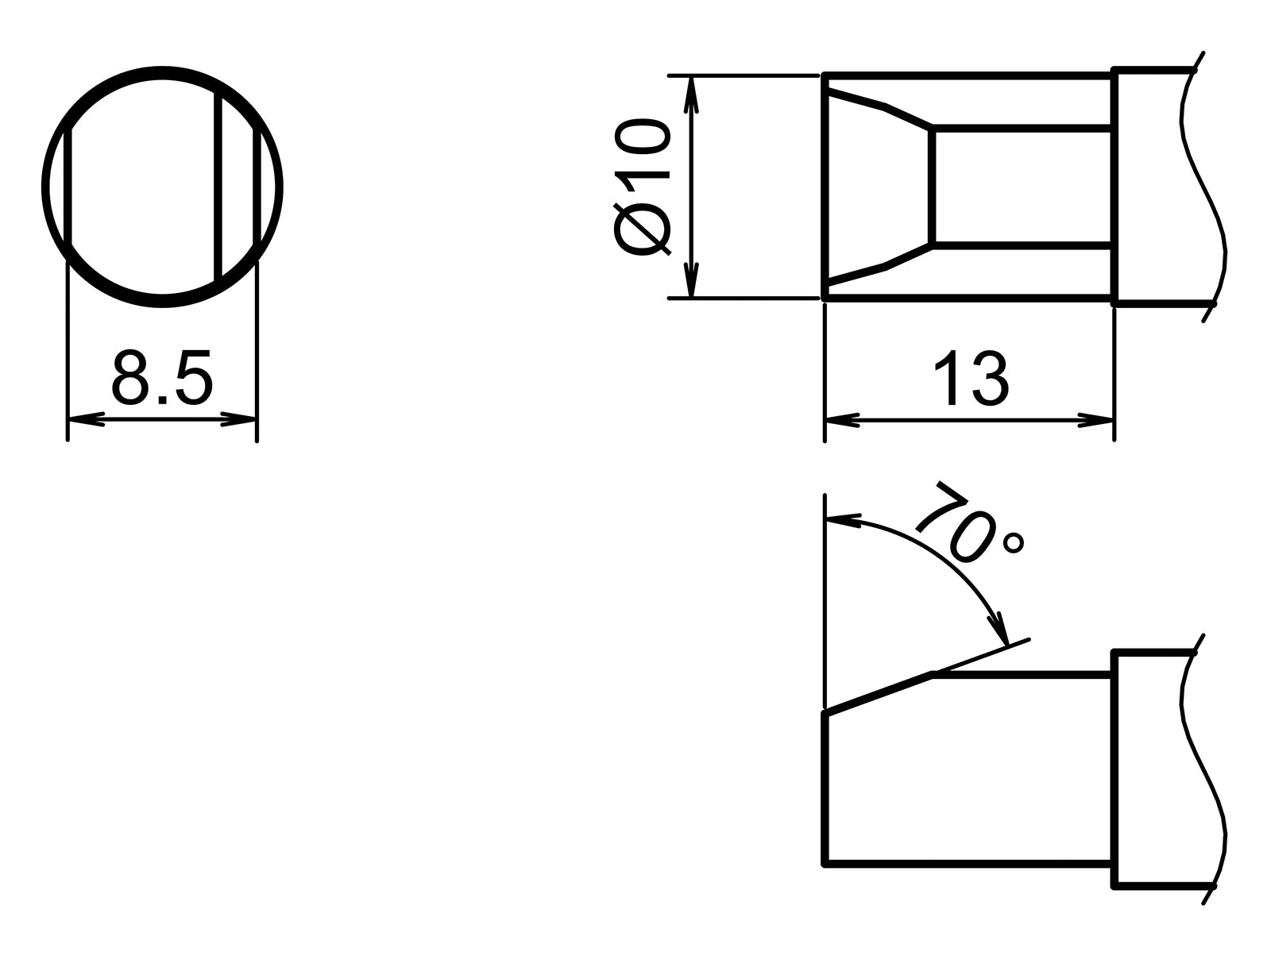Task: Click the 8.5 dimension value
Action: (x=162, y=376)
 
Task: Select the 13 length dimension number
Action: (x=970, y=380)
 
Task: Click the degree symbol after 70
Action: (x=1014, y=543)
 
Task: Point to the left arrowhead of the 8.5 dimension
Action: (x=83, y=418)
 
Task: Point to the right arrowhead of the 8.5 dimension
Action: (x=241, y=418)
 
